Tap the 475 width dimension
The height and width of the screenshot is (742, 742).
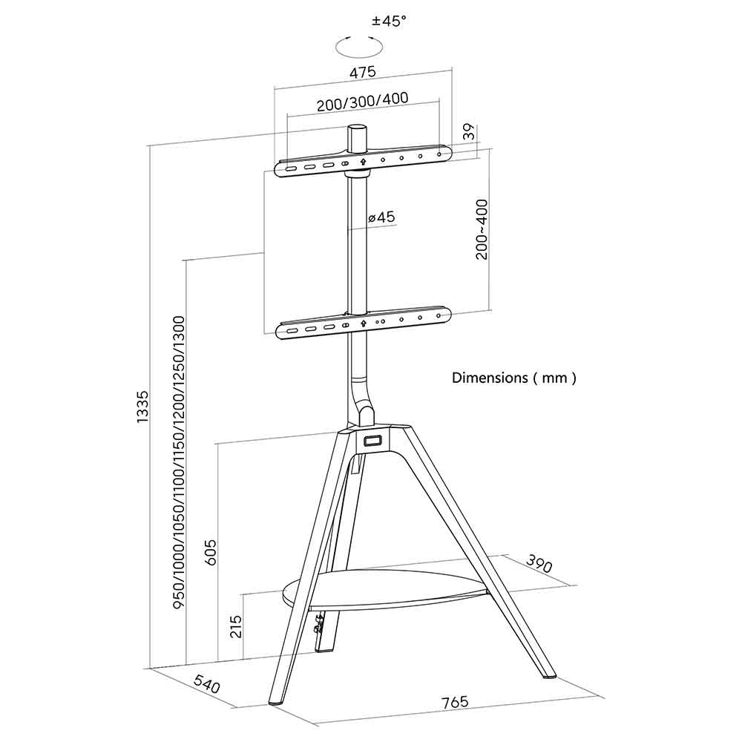[x=363, y=72]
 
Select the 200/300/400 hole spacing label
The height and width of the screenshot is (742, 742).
[x=363, y=102]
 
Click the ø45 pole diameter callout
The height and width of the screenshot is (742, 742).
[x=381, y=217]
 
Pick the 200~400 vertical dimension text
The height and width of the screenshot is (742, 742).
[x=482, y=229]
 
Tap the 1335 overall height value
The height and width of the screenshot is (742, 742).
[x=142, y=407]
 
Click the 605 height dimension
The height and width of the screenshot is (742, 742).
[x=211, y=552]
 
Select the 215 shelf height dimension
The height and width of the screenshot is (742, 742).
[x=236, y=626]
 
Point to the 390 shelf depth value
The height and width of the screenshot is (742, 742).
[x=539, y=564]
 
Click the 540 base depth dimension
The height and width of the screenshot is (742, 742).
[x=207, y=685]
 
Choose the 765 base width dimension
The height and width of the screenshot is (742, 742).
[x=455, y=701]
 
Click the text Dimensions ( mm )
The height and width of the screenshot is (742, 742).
[x=514, y=378]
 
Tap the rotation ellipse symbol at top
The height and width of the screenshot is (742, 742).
[x=359, y=47]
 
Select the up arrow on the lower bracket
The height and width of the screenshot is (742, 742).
[x=363, y=324]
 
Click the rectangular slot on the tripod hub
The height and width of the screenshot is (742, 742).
[x=372, y=440]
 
